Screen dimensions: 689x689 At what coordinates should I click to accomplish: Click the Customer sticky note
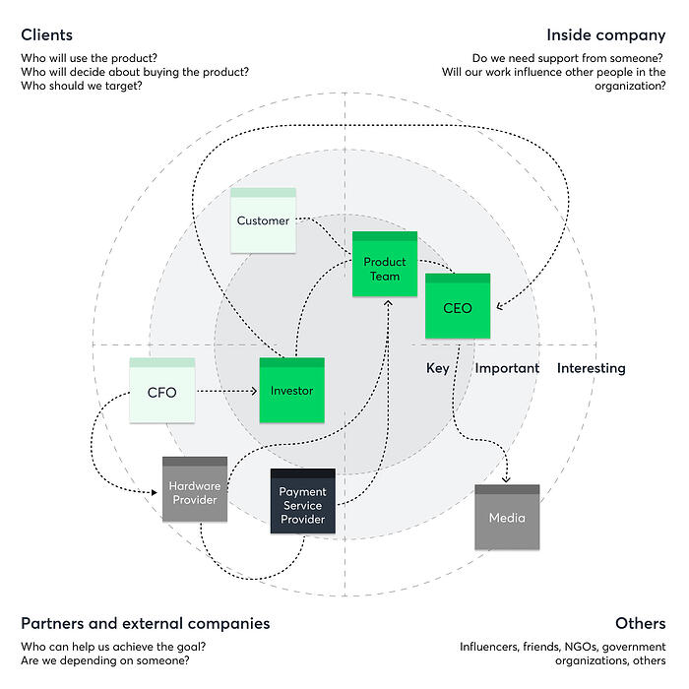tap(263, 220)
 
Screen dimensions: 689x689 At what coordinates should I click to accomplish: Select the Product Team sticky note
tap(385, 265)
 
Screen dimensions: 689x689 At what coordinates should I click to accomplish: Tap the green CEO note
tap(457, 307)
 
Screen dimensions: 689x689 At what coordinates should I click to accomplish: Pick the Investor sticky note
tap(291, 391)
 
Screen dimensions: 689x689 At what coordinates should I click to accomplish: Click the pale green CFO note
tap(161, 392)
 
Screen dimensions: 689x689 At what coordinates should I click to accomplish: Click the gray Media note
tap(507, 517)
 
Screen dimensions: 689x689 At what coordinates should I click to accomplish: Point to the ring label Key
tap(438, 368)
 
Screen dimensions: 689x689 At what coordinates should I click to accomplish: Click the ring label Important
tap(507, 368)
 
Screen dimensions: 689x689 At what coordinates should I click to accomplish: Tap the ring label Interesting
tap(592, 368)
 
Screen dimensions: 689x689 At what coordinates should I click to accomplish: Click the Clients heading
tap(46, 35)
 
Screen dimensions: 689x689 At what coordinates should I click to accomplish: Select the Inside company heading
tap(606, 35)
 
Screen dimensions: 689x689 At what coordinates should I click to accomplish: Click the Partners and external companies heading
tap(145, 623)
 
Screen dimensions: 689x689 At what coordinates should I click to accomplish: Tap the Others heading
tap(640, 623)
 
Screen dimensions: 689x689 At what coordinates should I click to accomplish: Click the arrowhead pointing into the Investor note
tap(253, 392)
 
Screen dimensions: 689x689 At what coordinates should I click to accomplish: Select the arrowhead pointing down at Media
tap(507, 479)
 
